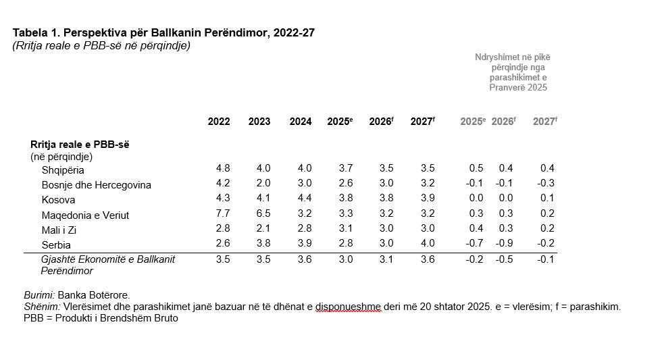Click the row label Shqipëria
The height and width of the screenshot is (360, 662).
tap(63, 170)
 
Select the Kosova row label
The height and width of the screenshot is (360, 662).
tap(58, 200)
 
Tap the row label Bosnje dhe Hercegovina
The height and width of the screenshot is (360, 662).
tap(96, 185)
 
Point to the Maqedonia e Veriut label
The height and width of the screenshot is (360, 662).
tap(85, 215)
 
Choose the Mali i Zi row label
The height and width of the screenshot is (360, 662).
tap(59, 230)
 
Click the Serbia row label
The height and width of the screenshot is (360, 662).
tap(56, 245)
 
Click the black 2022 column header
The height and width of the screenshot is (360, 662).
tap(219, 122)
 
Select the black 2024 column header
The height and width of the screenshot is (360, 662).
tap(301, 122)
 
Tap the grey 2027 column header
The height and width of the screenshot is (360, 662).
tap(544, 122)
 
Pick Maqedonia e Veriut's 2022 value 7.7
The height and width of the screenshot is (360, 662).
tap(223, 214)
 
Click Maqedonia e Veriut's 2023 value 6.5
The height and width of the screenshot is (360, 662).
tap(263, 214)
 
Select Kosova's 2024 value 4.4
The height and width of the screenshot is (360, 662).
tap(305, 199)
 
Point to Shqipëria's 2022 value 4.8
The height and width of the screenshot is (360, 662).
tap(223, 168)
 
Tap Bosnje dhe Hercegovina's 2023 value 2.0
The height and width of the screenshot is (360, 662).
tap(263, 184)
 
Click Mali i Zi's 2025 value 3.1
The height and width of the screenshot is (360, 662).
tap(345, 229)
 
